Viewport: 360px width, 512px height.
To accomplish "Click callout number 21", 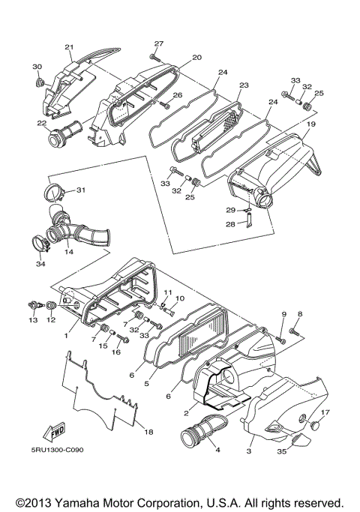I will (x=69, y=47).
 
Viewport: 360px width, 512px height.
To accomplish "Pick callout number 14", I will (x=69, y=252).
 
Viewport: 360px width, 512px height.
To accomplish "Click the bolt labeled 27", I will (x=155, y=56).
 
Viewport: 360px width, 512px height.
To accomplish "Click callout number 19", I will (x=310, y=123).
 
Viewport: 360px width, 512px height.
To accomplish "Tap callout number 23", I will (x=242, y=86).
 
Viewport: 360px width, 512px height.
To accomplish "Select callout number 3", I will (x=249, y=453).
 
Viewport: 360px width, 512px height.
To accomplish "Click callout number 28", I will (x=231, y=223).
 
